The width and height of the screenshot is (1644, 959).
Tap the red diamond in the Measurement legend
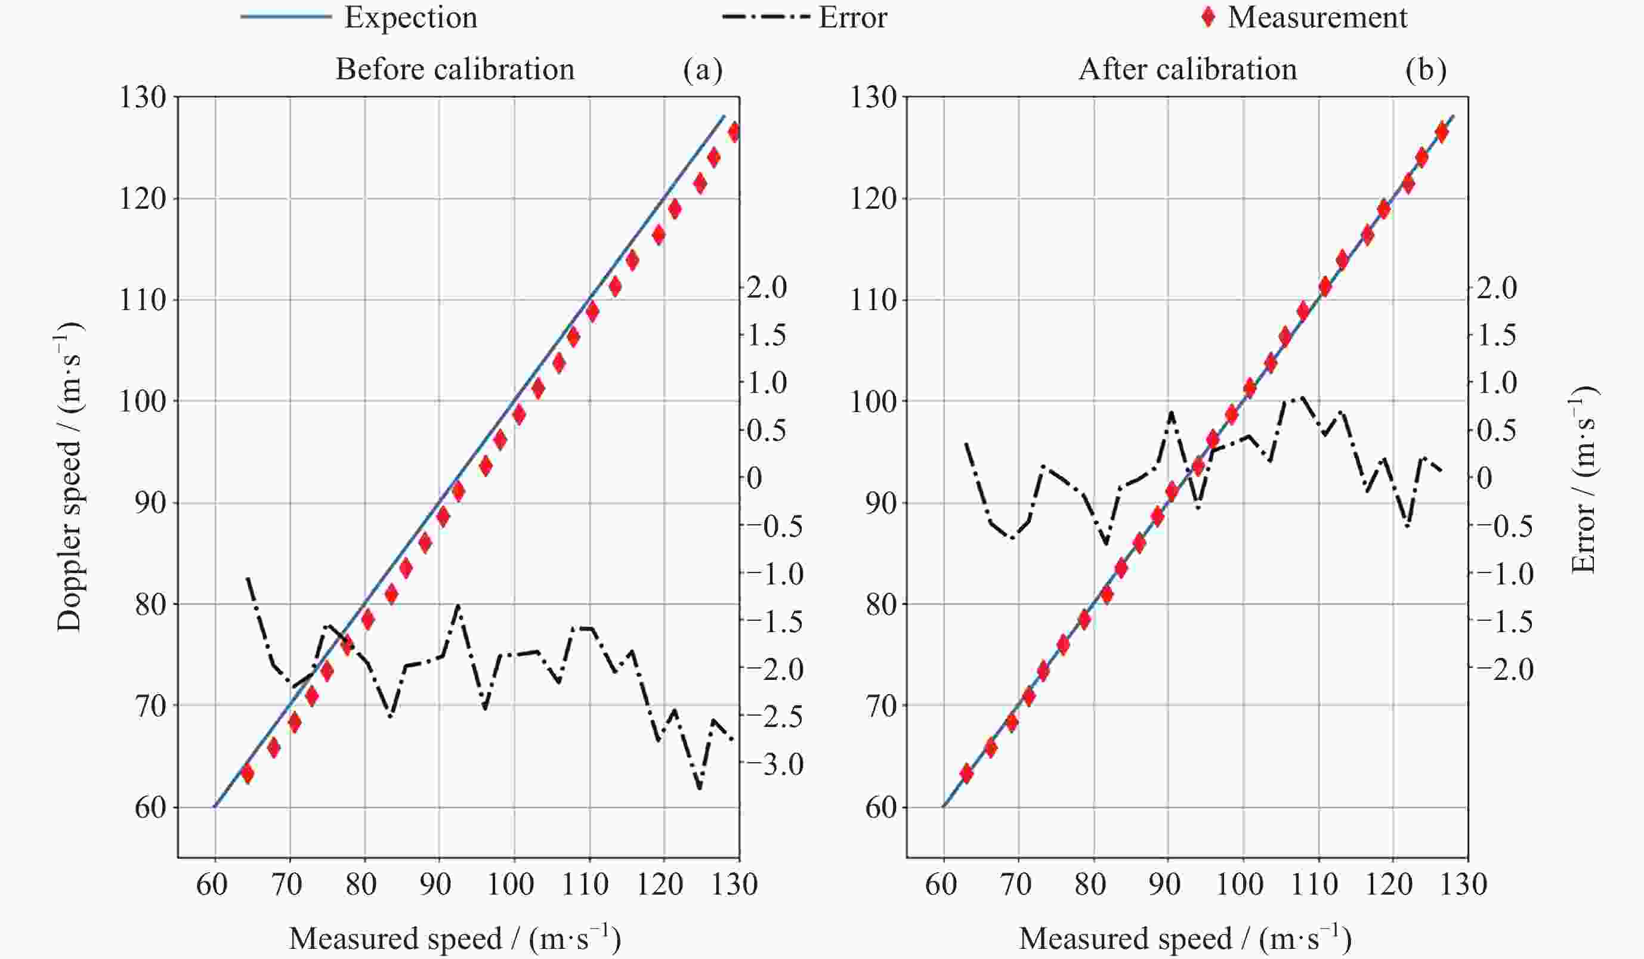1208,18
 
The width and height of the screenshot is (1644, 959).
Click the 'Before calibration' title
455,69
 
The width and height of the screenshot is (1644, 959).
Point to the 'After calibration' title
1187,69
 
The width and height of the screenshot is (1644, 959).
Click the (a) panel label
703,69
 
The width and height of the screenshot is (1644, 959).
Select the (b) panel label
1426,69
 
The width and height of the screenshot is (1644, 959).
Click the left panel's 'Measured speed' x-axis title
455,938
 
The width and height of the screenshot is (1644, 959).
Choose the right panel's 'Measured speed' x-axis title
1185,938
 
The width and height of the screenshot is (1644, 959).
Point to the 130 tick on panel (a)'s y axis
142,97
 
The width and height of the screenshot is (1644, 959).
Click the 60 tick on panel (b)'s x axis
941,884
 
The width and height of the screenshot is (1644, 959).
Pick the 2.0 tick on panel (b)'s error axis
1497,287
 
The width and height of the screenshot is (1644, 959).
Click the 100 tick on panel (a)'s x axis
511,884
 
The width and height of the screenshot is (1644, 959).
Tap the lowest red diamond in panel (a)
247,773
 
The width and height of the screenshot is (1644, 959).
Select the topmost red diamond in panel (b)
1442,132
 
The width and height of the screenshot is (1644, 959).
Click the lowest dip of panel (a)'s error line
700,788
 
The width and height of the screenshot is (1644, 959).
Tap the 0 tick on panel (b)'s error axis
1484,478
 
